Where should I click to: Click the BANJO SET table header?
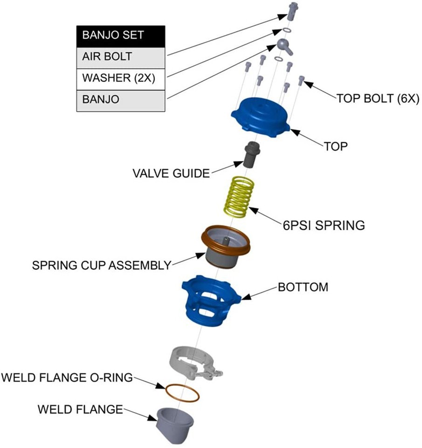(120, 35)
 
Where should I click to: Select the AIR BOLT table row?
(120, 57)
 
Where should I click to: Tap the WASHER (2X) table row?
(120, 78)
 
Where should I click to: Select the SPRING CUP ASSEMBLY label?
(102, 266)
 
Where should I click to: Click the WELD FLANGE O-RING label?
(67, 377)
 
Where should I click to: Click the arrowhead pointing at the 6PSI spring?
(252, 209)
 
